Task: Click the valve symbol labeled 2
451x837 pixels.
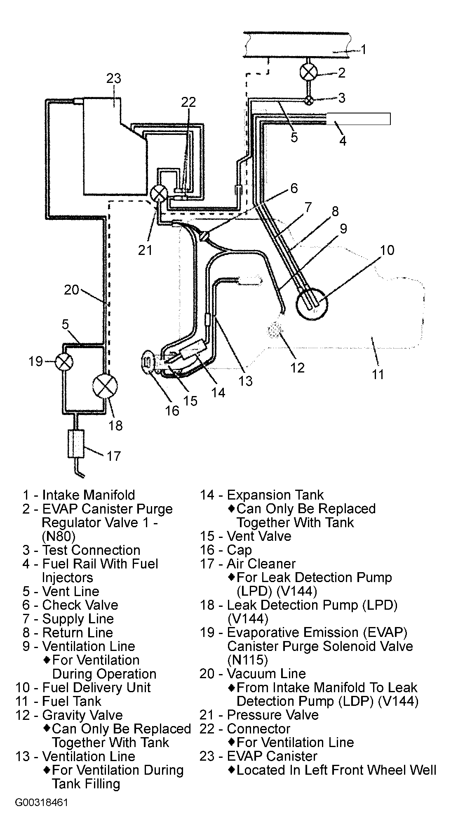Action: click(308, 72)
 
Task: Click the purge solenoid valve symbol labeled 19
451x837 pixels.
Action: click(64, 362)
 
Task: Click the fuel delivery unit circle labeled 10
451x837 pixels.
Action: click(312, 304)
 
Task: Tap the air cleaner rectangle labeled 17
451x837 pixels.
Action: click(75, 443)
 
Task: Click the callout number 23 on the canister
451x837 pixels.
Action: click(114, 78)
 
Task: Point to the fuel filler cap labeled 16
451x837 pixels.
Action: click(148, 361)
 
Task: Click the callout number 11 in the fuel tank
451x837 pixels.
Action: click(378, 374)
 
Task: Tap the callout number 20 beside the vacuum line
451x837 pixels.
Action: click(71, 290)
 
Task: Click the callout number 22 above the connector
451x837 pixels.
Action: click(188, 102)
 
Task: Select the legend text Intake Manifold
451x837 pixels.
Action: click(88, 495)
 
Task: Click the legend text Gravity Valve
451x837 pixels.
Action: click(82, 715)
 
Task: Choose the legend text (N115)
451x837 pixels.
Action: click(248, 660)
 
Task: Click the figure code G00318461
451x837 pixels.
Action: click(41, 814)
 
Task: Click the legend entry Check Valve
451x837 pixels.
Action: click(80, 605)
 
